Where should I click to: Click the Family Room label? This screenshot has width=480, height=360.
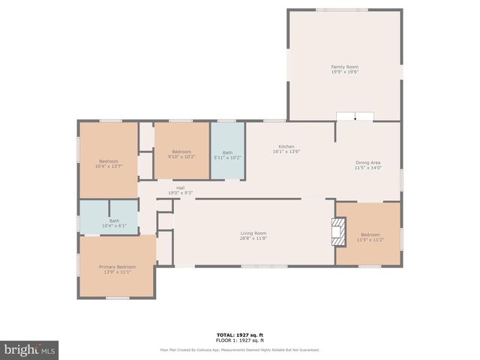click(x=344, y=67)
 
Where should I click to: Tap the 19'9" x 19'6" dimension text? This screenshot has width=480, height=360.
click(x=344, y=72)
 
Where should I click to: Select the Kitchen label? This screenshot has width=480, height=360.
click(x=286, y=146)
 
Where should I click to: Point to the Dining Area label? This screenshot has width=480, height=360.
click(x=368, y=163)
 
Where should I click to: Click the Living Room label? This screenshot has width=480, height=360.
click(x=253, y=233)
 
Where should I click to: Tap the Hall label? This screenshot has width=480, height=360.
click(x=181, y=187)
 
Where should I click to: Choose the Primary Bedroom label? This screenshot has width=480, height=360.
click(x=118, y=267)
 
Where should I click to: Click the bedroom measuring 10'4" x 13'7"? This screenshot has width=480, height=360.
click(x=109, y=163)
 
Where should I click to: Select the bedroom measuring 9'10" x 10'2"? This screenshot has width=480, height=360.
click(x=181, y=153)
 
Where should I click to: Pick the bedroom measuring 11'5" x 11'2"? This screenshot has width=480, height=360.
click(x=370, y=236)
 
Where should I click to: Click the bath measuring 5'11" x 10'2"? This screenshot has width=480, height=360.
click(x=227, y=153)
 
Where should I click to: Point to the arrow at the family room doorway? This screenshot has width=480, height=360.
click(x=355, y=117)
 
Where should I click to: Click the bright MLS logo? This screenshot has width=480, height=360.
click(x=29, y=350)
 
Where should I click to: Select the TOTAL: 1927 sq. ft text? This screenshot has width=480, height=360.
click(x=239, y=334)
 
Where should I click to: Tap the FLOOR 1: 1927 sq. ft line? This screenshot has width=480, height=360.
click(x=239, y=340)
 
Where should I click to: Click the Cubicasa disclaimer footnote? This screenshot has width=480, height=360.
click(x=239, y=349)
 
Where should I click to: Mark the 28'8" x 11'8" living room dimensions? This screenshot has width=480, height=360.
click(x=253, y=238)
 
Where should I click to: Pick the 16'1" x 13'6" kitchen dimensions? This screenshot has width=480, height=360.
click(x=286, y=151)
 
